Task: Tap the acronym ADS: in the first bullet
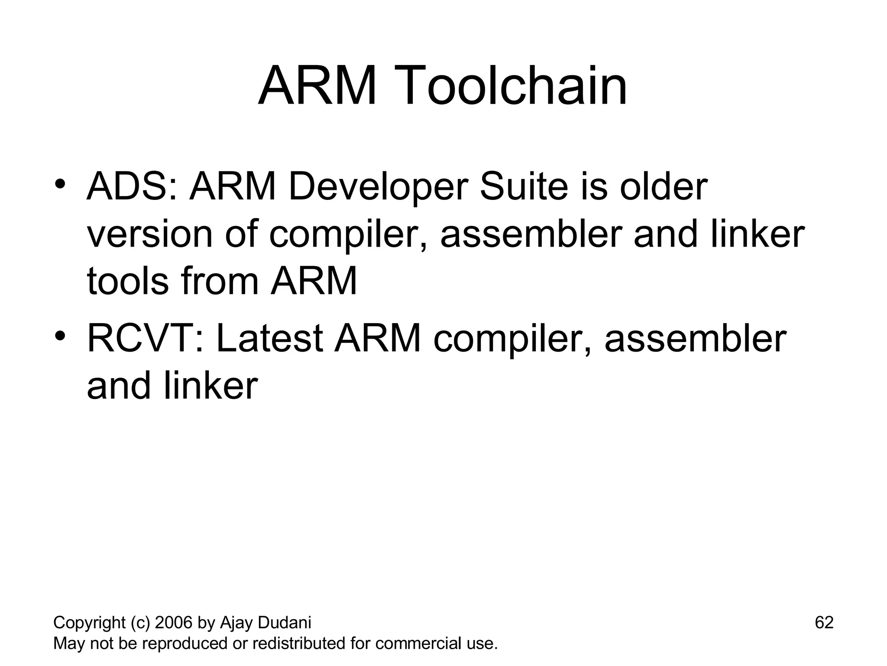pyautogui.click(x=132, y=187)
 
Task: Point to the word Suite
pyautogui.click(x=524, y=187)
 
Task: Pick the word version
pyautogui.click(x=150, y=235)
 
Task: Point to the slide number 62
pyautogui.click(x=824, y=623)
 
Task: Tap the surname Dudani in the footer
pyautogui.click(x=284, y=623)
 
